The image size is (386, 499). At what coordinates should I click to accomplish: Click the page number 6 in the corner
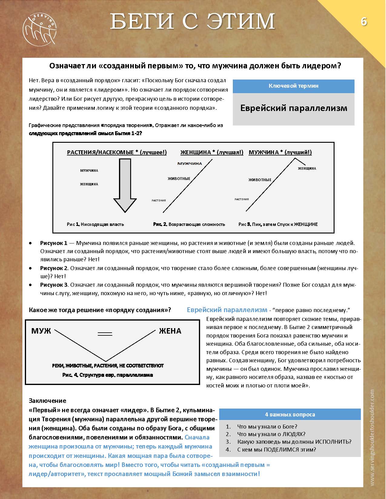coord(363,22)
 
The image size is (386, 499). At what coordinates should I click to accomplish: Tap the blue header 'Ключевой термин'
coord(293,86)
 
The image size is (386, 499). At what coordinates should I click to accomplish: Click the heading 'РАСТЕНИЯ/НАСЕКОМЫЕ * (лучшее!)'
coord(117,152)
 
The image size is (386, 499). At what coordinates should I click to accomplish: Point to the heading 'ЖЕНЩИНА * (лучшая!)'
coord(212,152)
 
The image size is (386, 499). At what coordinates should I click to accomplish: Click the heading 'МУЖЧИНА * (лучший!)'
coord(280,152)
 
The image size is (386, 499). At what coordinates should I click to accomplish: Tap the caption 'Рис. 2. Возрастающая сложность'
coord(189,224)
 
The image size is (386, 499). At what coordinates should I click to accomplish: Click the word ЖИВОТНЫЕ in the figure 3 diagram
coord(260,180)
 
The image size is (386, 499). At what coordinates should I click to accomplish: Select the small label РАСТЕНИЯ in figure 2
coord(159,200)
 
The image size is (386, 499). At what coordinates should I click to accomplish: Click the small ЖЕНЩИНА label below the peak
coord(307,168)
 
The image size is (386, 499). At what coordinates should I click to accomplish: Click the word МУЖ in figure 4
coord(41,331)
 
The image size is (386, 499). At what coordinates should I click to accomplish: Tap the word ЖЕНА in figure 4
coord(170,331)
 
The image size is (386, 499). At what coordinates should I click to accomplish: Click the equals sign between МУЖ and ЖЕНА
coord(105,334)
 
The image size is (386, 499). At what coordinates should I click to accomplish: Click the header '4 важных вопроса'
coord(290,414)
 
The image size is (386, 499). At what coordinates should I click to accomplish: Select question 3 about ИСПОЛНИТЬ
coord(294,442)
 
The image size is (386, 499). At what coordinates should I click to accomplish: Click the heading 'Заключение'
coord(47,401)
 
